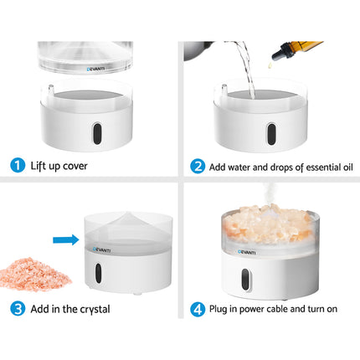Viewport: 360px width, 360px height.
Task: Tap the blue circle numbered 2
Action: pyautogui.click(x=198, y=166)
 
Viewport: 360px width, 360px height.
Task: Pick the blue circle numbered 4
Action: pyautogui.click(x=198, y=308)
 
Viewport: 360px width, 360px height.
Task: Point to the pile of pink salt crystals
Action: pyautogui.click(x=30, y=272)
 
